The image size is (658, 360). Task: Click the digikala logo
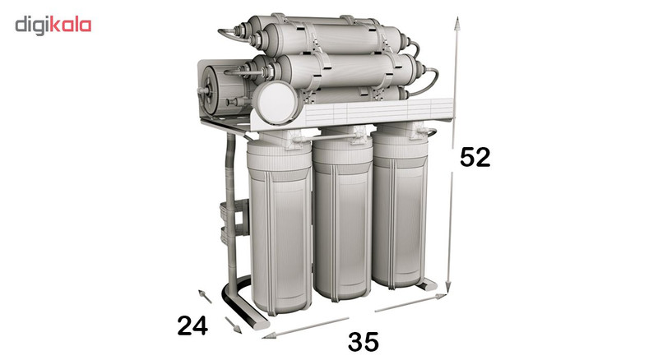[53, 25]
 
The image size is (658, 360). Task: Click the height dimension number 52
[475, 157]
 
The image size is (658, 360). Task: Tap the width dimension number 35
[364, 342]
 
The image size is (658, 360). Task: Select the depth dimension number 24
[192, 325]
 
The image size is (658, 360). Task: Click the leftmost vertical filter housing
[280, 227]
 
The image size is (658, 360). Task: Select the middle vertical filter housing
[343, 215]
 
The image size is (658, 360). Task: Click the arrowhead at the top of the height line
[457, 23]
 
